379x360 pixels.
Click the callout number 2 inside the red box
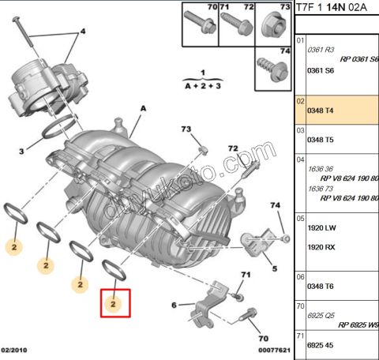[114, 303]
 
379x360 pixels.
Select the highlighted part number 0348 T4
[319, 111]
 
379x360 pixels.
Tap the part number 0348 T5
[319, 140]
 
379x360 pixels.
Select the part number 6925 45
[319, 345]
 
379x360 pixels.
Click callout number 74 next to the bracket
[276, 206]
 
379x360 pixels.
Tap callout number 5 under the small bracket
[274, 268]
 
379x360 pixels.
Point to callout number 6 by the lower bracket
[174, 305]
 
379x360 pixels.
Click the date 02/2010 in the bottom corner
[16, 350]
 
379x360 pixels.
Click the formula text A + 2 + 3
[202, 81]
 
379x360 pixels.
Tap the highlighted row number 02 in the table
[300, 103]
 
